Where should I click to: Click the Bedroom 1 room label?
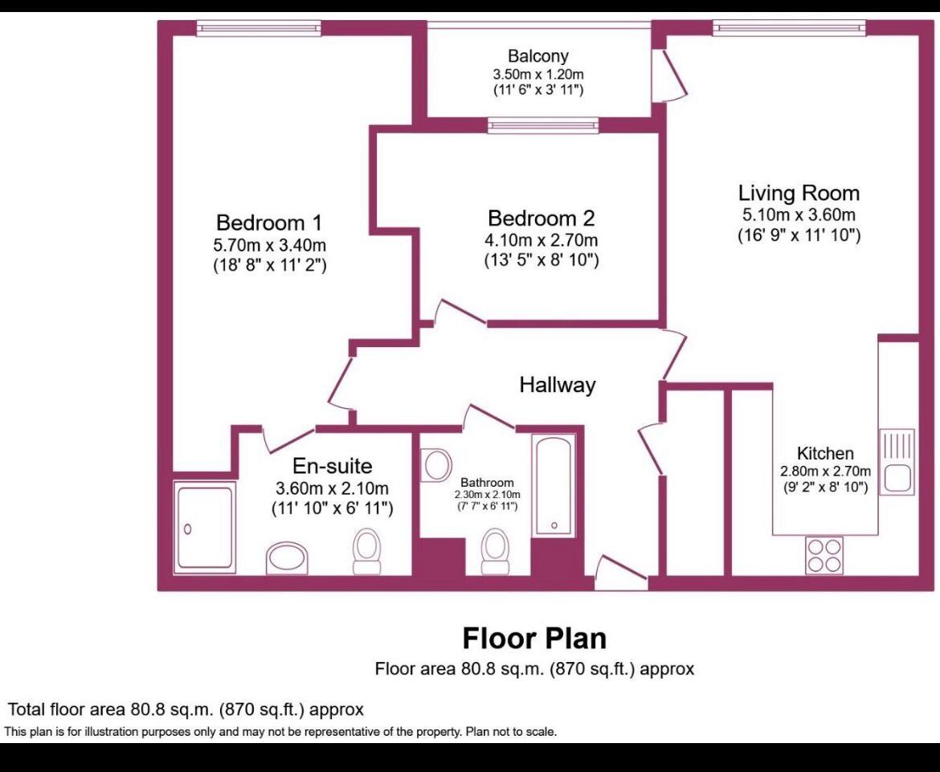tap(271, 223)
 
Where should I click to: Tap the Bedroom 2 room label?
tap(541, 219)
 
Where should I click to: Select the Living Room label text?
tap(799, 194)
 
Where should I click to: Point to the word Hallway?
tap(557, 386)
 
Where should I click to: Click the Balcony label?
tap(537, 56)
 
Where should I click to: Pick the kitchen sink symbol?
tap(897, 462)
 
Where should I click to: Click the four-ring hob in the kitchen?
tap(824, 554)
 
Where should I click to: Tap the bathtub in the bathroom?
tap(554, 486)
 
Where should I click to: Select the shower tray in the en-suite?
tap(204, 526)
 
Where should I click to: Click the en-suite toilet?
tap(367, 551)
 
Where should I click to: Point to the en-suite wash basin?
tap(288, 558)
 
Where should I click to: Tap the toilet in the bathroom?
tap(495, 552)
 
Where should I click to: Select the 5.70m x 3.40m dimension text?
tap(271, 245)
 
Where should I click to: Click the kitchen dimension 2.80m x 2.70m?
tap(824, 472)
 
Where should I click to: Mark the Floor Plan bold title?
tap(534, 639)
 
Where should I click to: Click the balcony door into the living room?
tap(664, 76)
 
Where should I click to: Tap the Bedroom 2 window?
tap(543, 125)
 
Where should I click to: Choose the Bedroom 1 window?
tap(258, 28)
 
